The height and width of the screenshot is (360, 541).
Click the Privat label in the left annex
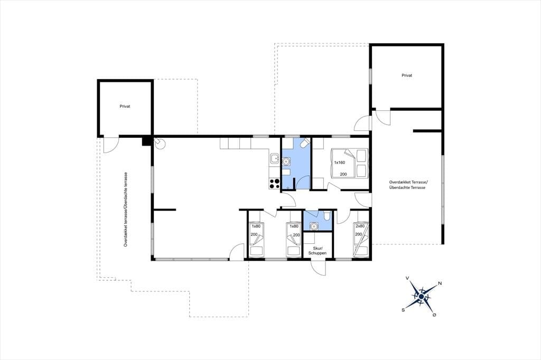point(125,107)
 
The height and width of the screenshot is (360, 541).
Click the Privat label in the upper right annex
point(407,75)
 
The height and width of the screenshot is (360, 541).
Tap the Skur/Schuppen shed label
point(318,251)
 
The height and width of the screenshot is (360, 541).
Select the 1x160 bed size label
point(340,163)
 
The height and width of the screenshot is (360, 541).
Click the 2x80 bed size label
point(359,226)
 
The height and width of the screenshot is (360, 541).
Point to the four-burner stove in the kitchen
point(274,184)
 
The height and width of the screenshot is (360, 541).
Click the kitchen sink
point(275,159)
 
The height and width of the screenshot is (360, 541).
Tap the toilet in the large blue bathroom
point(305,143)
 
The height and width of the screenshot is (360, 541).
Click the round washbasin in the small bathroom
point(314,226)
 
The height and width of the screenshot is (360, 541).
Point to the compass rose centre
point(421,296)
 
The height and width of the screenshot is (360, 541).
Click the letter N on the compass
point(440,283)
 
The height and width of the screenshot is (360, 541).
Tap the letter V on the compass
point(407,278)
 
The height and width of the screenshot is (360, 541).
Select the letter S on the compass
point(403,310)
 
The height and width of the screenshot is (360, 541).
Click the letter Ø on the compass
point(434,315)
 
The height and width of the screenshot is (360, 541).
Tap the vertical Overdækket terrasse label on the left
point(126,209)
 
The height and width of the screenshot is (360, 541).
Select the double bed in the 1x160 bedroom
point(349,163)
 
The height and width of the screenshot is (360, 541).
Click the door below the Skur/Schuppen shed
point(318,267)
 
